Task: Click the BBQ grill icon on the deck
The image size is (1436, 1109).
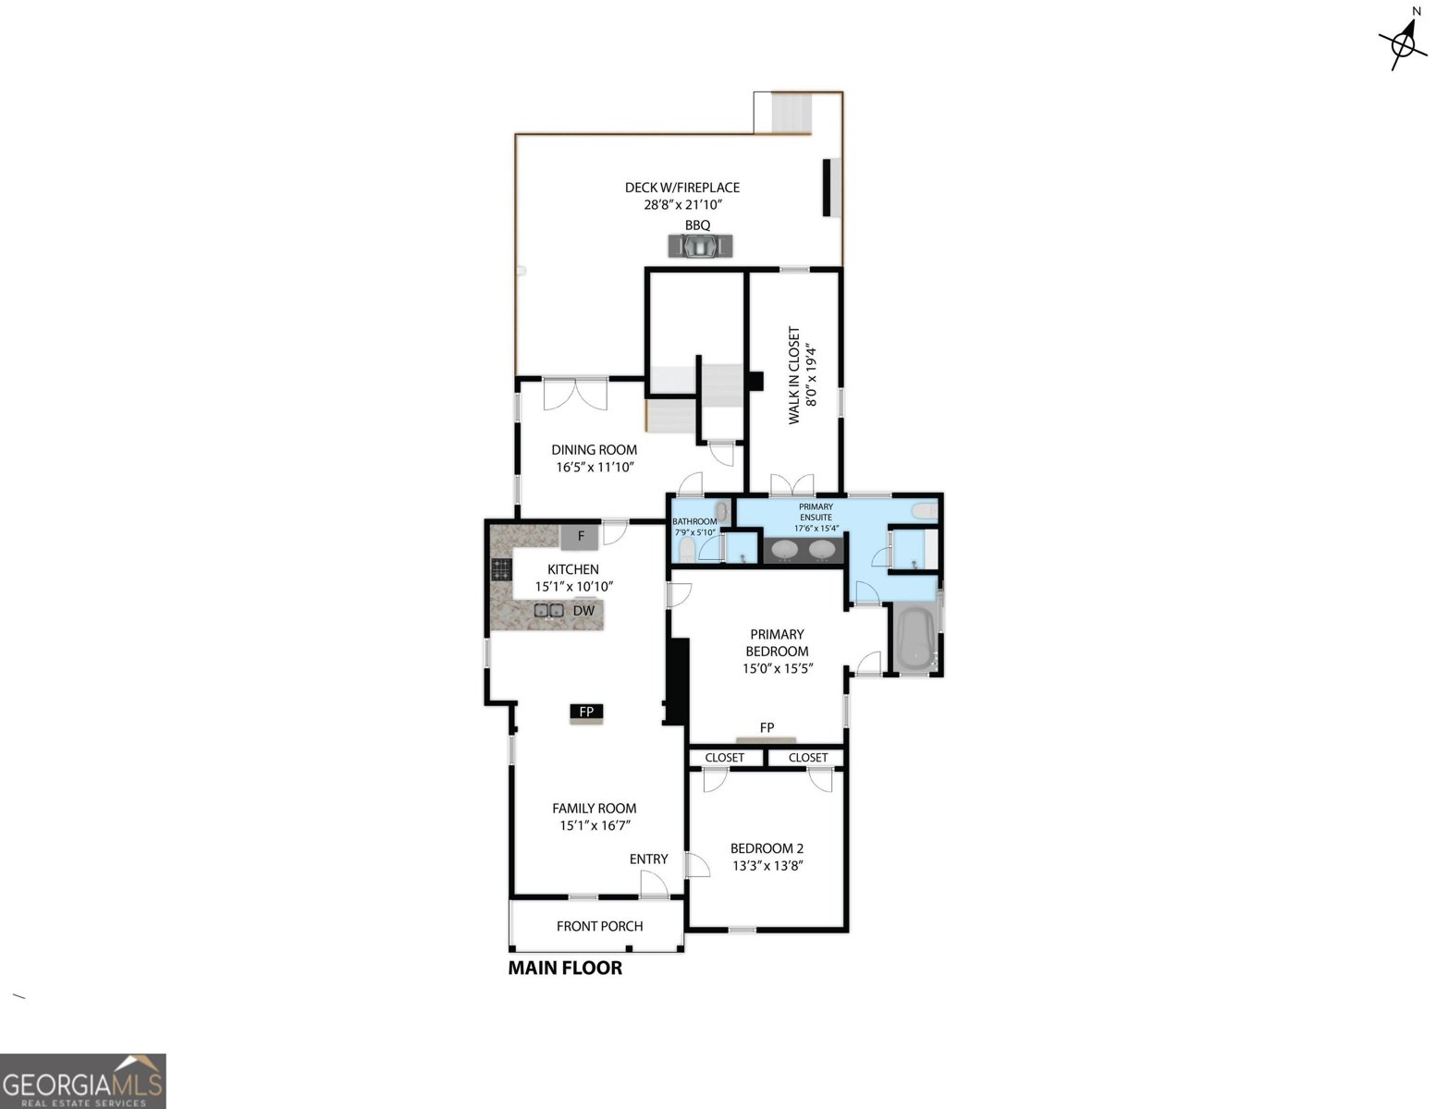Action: coord(700,246)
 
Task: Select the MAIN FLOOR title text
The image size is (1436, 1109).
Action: coord(565,968)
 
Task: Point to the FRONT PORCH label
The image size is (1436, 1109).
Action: coord(599,926)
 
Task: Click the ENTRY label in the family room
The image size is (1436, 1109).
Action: coord(648,859)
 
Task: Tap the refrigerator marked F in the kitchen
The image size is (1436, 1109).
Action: coord(580,536)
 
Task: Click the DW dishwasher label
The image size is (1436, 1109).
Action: coord(583,611)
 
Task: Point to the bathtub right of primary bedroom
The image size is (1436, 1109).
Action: coord(914,638)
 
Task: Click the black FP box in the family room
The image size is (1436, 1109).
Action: coord(586,712)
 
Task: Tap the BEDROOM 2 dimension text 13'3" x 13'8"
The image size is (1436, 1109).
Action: coord(767,866)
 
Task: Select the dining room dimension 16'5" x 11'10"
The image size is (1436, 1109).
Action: coord(595,468)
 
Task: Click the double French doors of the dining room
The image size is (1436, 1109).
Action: coord(575,395)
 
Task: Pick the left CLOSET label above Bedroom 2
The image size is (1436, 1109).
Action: coord(724,758)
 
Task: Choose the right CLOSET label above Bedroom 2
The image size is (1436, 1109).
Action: coord(808,758)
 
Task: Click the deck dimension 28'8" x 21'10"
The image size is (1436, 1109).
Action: coord(682,204)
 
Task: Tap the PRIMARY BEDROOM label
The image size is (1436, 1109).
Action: coord(777,642)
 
